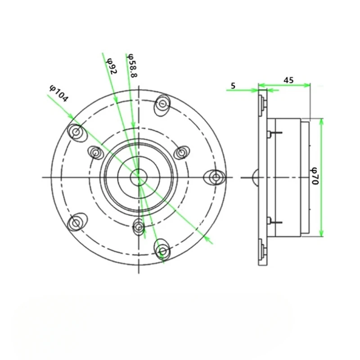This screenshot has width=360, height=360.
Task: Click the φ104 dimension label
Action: (58, 93)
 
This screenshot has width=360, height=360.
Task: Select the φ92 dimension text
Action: (112, 66)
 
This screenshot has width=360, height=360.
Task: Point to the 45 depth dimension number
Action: (288, 80)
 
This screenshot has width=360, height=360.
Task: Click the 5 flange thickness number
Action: (233, 85)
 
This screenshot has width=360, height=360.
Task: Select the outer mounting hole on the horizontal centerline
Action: (216, 177)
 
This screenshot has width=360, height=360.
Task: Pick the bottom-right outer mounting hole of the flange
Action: (162, 249)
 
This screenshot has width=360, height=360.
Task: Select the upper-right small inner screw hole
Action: (181, 153)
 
